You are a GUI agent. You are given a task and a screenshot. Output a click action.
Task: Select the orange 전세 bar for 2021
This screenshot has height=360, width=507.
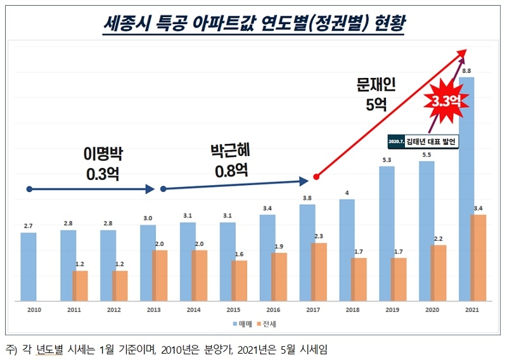pyautogui.click(x=478, y=257)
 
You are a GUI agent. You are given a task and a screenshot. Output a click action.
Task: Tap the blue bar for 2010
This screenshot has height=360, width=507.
pyautogui.click(x=28, y=266)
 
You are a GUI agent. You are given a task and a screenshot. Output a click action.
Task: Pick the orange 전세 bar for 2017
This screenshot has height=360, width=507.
pyautogui.click(x=319, y=271)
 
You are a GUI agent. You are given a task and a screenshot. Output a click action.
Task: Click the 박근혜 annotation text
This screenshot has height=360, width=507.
pyautogui.click(x=229, y=151)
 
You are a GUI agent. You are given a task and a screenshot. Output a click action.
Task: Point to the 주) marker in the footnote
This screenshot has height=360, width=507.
pyautogui.click(x=11, y=349)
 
